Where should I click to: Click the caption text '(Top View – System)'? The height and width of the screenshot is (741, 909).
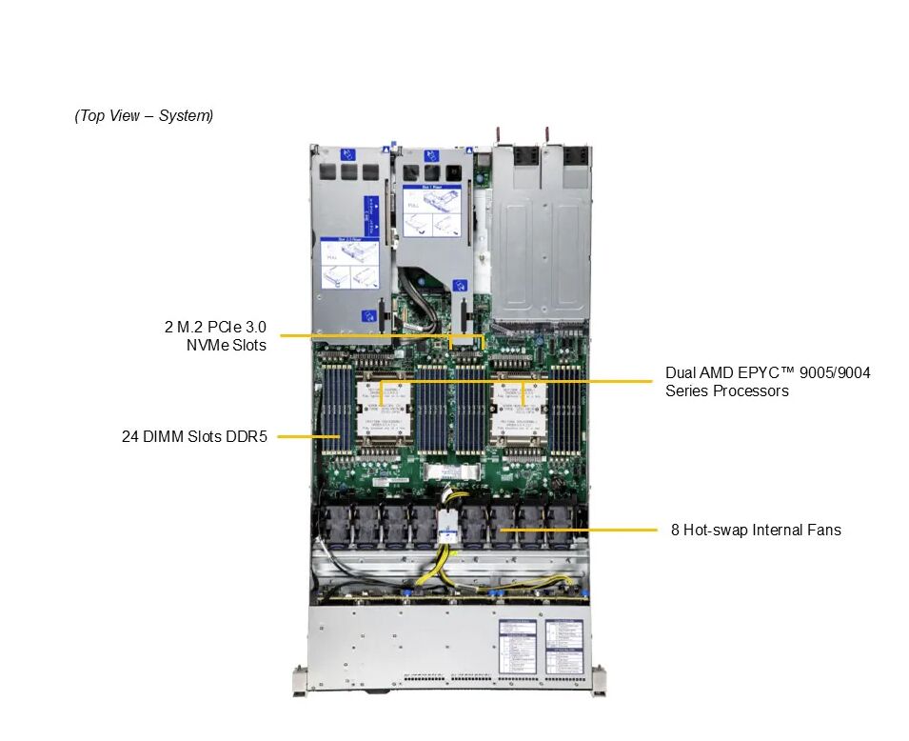144,116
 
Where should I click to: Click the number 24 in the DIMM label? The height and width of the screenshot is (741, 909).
130,437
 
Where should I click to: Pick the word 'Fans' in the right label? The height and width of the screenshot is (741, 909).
824,530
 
